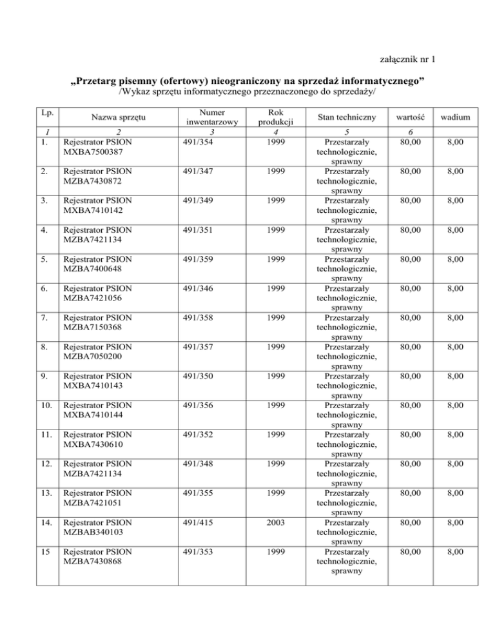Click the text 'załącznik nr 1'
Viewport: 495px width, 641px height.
tap(409, 61)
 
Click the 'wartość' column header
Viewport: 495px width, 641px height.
tap(411, 118)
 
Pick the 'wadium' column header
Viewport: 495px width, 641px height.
tap(455, 118)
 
